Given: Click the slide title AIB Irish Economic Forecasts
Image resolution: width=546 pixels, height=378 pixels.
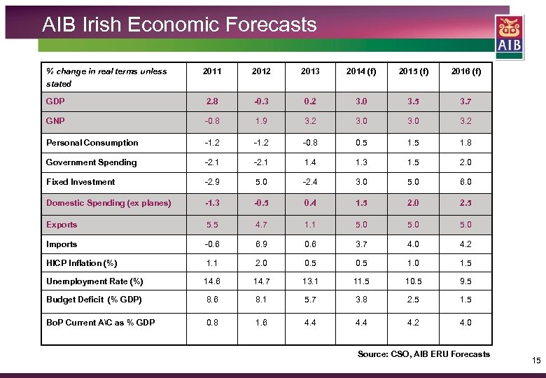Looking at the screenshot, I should [179, 25].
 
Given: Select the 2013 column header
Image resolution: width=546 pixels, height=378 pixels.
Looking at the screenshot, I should [309, 71].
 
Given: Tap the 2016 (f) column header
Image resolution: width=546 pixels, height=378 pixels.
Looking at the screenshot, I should [465, 71].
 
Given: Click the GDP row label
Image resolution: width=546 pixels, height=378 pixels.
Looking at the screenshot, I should [55, 101].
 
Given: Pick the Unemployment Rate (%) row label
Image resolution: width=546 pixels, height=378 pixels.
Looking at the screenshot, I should [94, 281].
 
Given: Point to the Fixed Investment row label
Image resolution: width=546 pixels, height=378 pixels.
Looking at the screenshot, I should [80, 182].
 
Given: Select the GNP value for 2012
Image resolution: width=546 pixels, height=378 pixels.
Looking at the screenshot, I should [260, 120].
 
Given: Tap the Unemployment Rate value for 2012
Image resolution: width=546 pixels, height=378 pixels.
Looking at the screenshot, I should [260, 281].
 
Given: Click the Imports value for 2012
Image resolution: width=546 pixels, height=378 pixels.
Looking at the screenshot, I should [260, 244].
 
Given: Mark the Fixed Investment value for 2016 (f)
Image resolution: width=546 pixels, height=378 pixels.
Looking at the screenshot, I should [465, 182].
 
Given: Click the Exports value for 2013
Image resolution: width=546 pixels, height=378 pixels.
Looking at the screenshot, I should [309, 225].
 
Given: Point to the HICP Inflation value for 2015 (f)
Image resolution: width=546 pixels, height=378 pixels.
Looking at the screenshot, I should [413, 263].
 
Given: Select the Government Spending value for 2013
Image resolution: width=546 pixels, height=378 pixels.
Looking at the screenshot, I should [309, 162].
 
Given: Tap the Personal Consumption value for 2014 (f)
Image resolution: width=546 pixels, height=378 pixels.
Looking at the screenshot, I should [360, 143].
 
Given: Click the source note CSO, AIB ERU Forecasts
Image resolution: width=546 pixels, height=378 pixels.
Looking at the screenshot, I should [423, 354].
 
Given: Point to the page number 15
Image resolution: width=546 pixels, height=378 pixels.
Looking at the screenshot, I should [536, 361].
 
